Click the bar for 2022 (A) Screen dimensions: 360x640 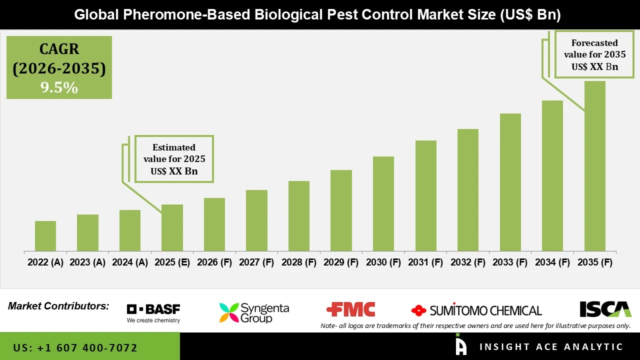pyautogui.click(x=45, y=236)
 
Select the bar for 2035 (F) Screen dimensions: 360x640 pyautogui.click(x=594, y=166)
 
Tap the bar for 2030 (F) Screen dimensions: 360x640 pyautogui.click(x=383, y=204)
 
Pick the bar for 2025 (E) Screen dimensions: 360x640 pyautogui.click(x=172, y=228)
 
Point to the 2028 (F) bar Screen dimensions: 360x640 pyautogui.click(x=299, y=216)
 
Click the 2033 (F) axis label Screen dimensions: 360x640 pyautogui.click(x=510, y=262)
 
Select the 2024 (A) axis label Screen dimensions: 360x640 pyautogui.click(x=130, y=262)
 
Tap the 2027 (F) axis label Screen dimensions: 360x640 pyautogui.click(x=256, y=262)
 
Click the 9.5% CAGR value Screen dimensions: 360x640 pyautogui.click(x=59, y=88)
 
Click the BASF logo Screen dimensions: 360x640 pyautogui.click(x=153, y=313)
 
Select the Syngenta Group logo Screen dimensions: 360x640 pyautogui.click(x=254, y=312)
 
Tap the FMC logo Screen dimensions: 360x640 pyautogui.click(x=350, y=310)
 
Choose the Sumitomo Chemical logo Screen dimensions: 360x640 pyautogui.click(x=476, y=310)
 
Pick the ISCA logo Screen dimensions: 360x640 pyautogui.click(x=605, y=309)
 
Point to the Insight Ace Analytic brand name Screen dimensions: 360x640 pyautogui.click(x=551, y=347)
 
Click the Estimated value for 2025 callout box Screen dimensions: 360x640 pyautogui.click(x=174, y=159)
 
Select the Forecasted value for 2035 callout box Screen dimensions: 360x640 pyautogui.click(x=594, y=55)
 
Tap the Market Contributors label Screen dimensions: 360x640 pyautogui.click(x=58, y=306)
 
